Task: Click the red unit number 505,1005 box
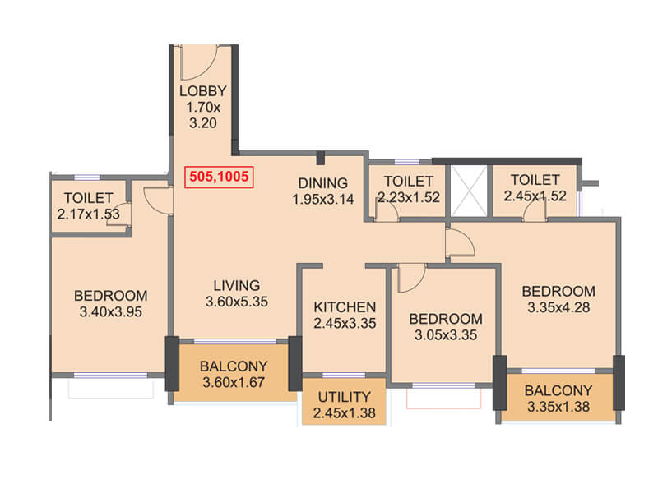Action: [219, 177]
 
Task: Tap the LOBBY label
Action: [202, 91]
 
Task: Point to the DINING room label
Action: [322, 183]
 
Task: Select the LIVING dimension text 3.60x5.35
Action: [237, 302]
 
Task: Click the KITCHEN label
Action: [345, 307]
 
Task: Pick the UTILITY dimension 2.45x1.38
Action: [344, 413]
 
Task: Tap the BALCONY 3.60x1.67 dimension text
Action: [234, 382]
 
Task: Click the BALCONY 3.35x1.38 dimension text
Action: [558, 407]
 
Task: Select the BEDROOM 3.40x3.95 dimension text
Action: [111, 312]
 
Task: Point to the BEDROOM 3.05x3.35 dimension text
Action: [446, 335]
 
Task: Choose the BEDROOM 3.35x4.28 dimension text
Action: [558, 307]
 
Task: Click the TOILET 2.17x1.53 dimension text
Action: [89, 214]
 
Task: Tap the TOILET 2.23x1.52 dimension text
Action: [409, 197]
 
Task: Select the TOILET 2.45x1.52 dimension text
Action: [535, 196]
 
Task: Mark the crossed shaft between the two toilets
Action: [469, 191]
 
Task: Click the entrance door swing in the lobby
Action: [197, 63]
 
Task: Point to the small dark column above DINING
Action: [321, 158]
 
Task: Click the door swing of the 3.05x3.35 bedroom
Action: [411, 278]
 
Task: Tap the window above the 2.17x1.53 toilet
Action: [87, 177]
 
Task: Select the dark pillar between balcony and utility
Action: [295, 364]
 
